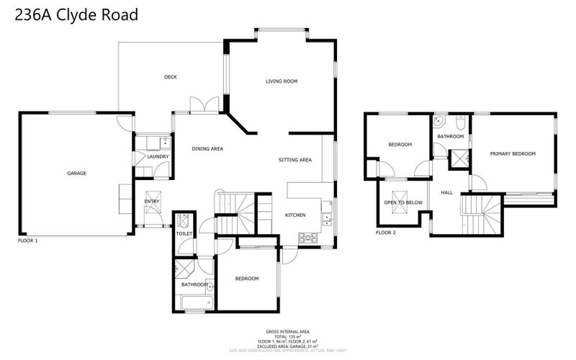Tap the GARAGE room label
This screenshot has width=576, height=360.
77,173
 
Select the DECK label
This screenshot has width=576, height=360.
171,77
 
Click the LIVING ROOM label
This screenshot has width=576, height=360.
282,81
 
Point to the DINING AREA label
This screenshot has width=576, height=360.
207,149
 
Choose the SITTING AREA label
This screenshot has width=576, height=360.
295,159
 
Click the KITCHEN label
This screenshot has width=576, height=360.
295,215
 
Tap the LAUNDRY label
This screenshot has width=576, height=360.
158,156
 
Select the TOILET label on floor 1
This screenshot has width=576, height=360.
184,234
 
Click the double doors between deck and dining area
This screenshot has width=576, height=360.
204,105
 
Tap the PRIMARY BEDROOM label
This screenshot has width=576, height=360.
513,153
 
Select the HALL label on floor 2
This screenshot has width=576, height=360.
446,192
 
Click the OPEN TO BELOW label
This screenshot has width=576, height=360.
403,203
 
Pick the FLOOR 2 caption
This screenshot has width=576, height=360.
386,233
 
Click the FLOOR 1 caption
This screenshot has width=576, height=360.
27,240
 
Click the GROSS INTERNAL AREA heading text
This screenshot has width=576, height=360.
288,332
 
